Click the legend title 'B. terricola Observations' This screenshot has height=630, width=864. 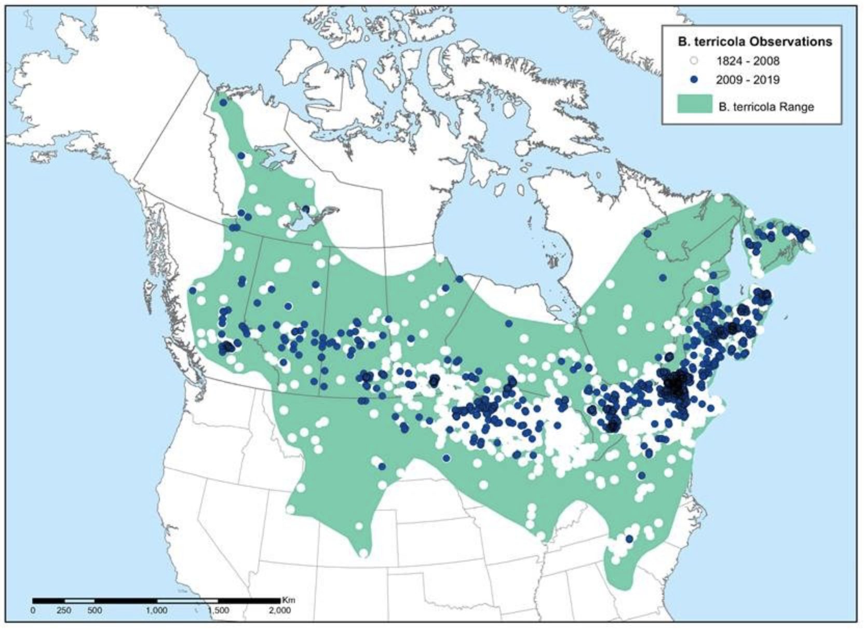coord(755,42)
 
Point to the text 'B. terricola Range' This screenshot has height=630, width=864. coord(766,107)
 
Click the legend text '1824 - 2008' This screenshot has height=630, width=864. coord(747,61)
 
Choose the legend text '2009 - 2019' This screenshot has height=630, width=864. coord(747,80)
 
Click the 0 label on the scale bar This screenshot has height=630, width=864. coord(33,611)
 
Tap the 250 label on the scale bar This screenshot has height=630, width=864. coord(64,611)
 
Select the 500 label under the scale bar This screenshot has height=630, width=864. coord(95,611)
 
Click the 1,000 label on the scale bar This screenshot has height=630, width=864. coord(156,611)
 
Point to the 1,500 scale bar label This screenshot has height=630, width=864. coord(218,611)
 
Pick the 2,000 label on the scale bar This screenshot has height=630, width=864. coord(279,611)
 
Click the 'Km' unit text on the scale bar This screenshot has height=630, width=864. coord(289,600)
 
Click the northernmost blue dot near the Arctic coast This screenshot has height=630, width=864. coord(223,103)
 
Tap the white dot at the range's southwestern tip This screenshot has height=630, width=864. coord(363,553)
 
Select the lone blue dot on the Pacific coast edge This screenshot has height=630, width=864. coord(193,290)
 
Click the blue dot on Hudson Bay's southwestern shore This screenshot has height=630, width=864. coord(459,279)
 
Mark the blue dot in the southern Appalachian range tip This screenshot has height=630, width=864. coord(629,539)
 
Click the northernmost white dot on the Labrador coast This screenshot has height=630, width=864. coord(719,198)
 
